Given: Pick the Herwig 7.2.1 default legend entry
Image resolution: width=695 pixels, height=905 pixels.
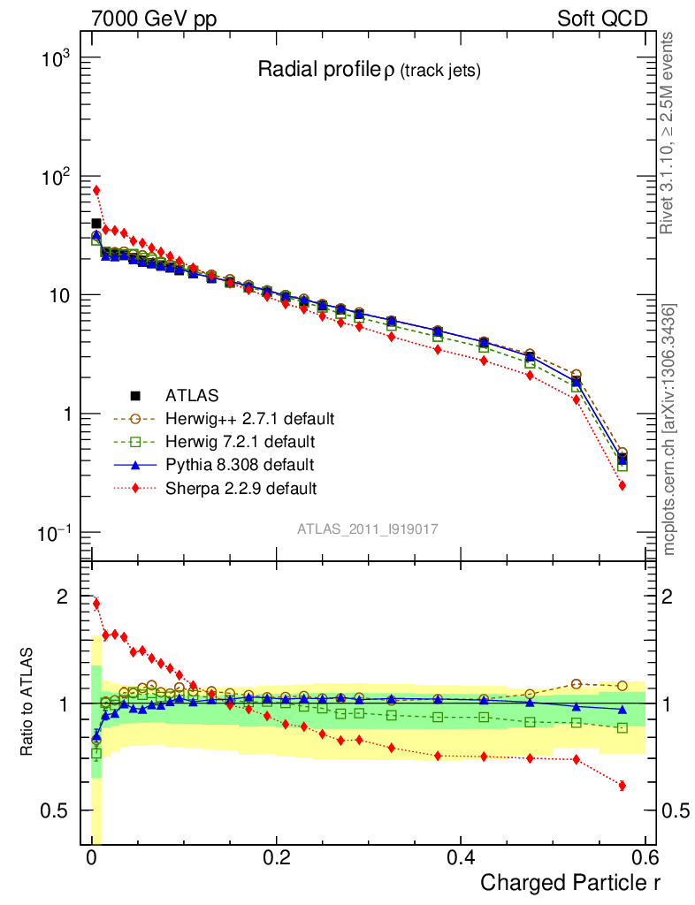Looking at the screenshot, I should point(241,441).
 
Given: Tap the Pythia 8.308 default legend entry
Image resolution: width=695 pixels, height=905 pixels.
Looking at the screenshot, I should point(240,464).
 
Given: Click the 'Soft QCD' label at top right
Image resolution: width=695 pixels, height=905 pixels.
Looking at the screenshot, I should point(601,19).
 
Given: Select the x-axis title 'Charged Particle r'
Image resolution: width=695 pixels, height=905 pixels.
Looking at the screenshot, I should point(570,882).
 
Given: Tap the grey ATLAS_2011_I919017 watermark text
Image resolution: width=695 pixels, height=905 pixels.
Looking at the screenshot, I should point(368,529).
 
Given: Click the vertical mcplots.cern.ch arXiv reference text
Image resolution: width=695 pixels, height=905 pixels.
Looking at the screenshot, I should point(669,430).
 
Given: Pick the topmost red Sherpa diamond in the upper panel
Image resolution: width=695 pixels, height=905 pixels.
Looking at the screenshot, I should point(96,190).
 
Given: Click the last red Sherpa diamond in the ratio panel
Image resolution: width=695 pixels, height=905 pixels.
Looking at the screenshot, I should point(622,786).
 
